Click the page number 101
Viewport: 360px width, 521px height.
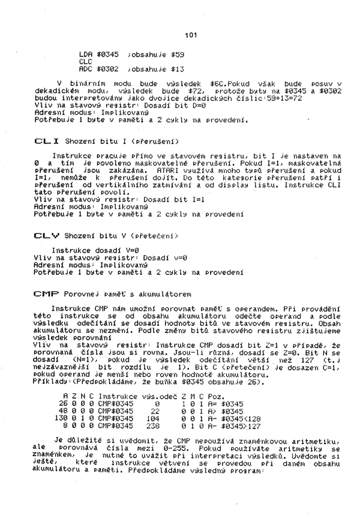coord(191,35)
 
